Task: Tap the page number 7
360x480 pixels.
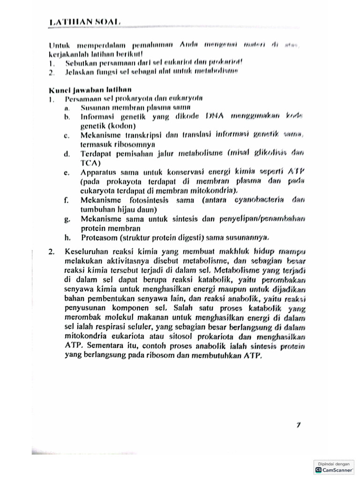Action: click(x=298, y=425)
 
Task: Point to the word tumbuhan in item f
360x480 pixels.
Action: click(x=97, y=209)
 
